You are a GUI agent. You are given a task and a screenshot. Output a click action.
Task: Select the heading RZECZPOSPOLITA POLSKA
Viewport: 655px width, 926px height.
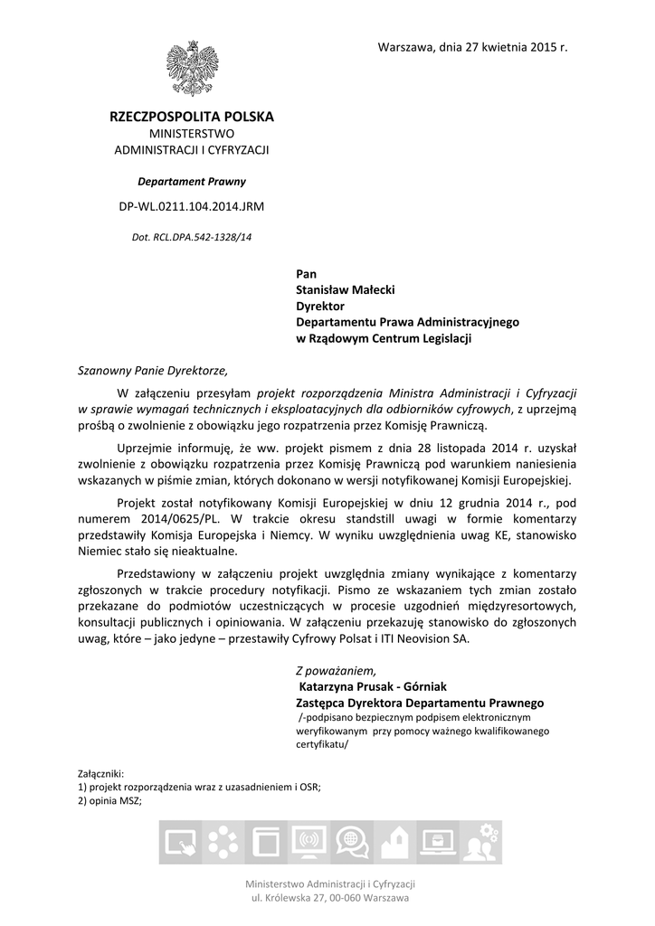coord(191,117)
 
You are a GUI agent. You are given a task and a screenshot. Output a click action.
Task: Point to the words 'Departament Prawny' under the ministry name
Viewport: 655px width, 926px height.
coord(191,181)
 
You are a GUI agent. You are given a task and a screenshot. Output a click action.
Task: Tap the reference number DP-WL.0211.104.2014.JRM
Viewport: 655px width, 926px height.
coord(191,206)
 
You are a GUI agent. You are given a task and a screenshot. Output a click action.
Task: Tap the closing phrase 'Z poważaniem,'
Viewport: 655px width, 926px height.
coord(334,670)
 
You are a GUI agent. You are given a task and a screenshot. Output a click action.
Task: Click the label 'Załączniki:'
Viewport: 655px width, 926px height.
coord(101,774)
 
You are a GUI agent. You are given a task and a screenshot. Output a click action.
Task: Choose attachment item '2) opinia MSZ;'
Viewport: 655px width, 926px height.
coord(109,801)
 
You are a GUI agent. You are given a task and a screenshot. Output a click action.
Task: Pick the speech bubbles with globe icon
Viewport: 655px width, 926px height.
coord(348,845)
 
